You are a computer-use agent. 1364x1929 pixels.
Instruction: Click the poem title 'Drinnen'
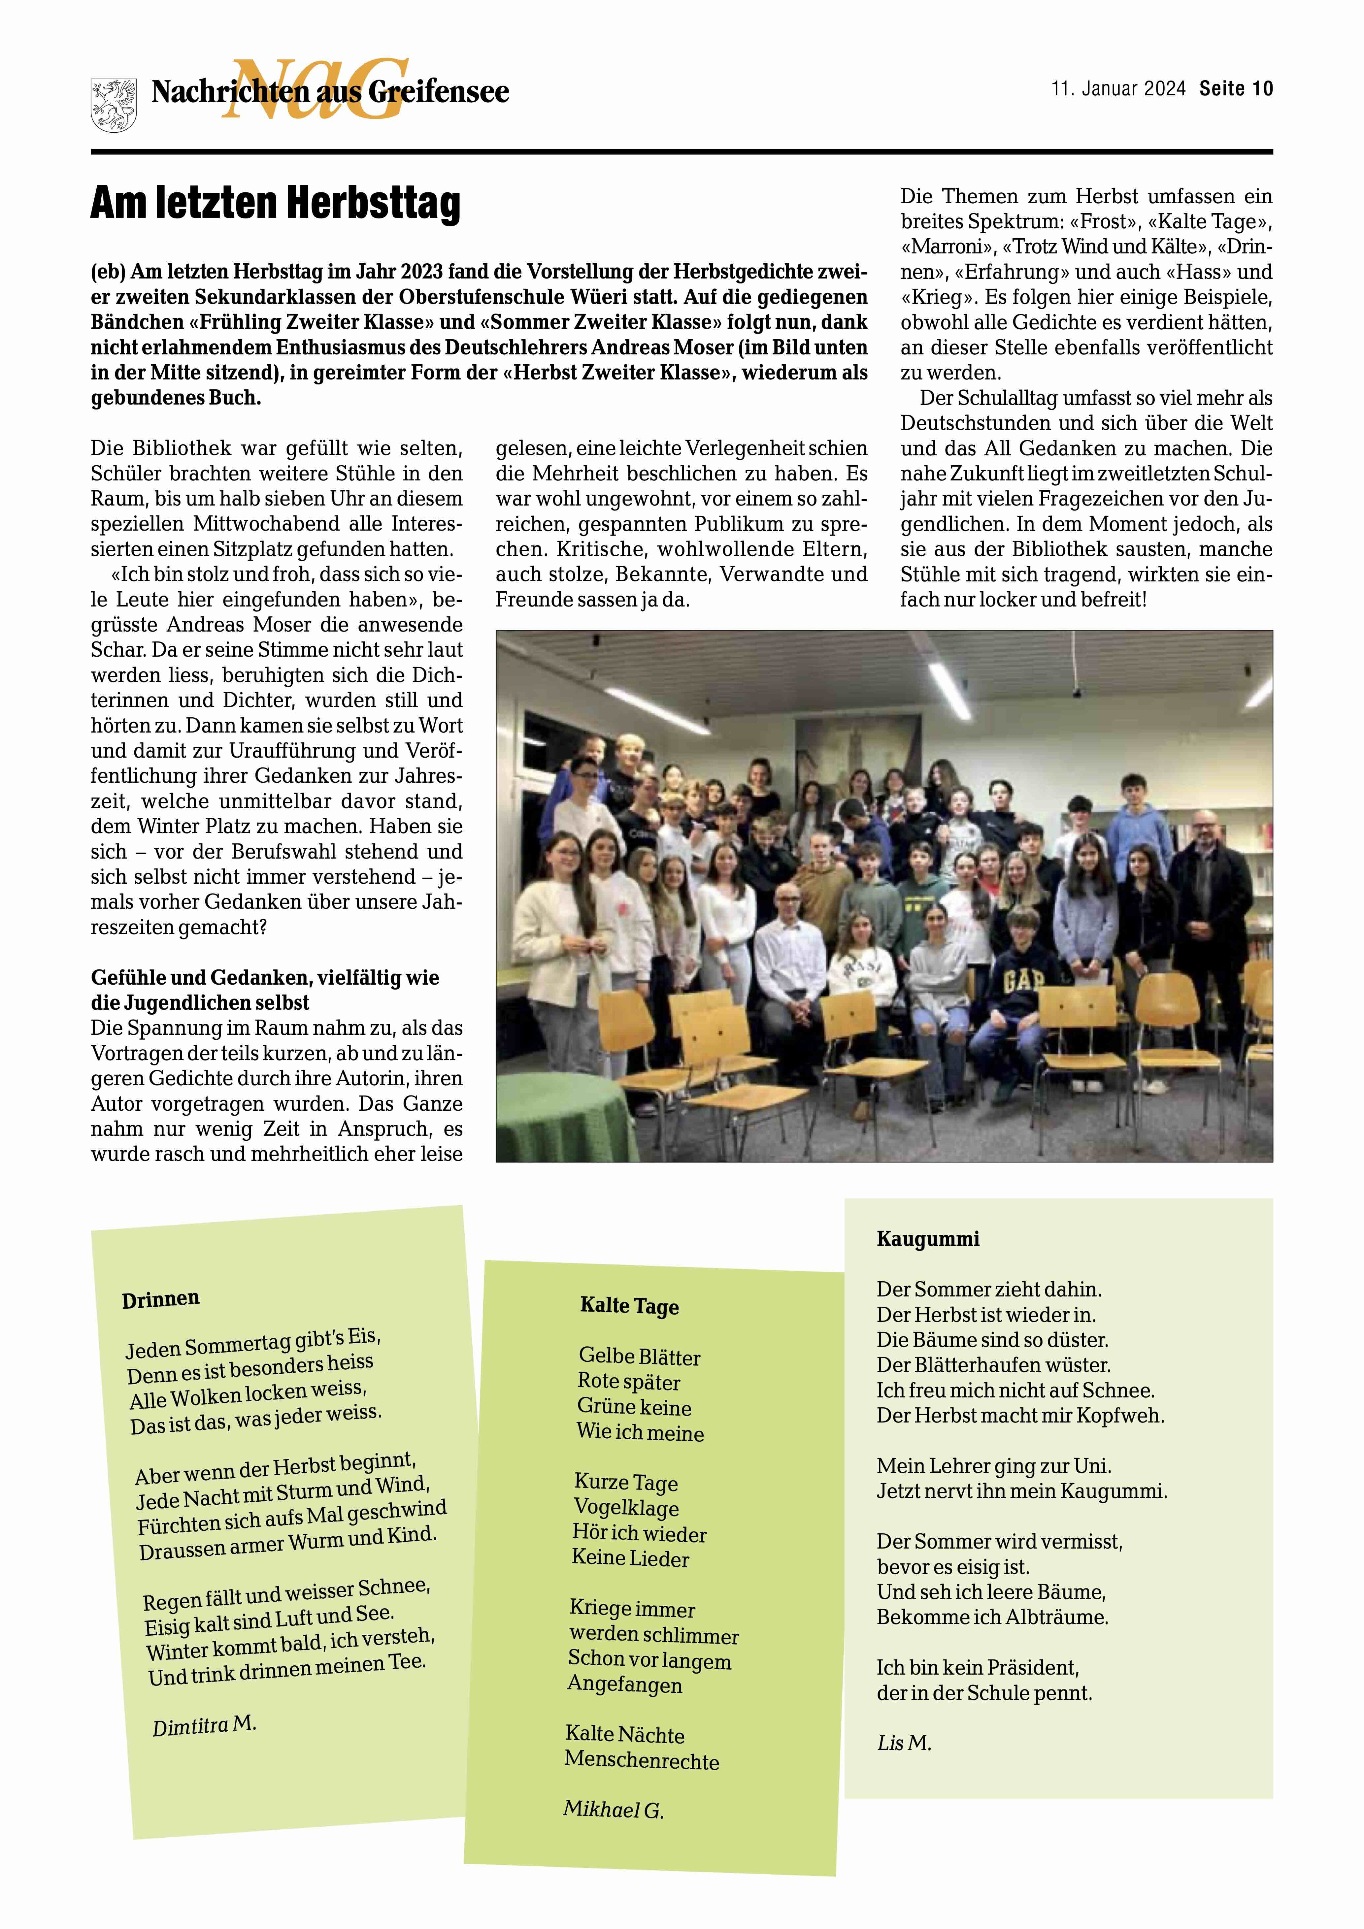tap(160, 1299)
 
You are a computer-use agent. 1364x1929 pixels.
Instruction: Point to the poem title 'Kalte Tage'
tap(629, 1306)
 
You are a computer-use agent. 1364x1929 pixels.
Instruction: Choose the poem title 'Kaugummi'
tap(928, 1239)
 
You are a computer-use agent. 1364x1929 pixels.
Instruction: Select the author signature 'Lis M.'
tap(904, 1743)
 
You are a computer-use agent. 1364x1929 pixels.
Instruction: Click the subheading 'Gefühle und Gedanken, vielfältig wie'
tap(265, 978)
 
